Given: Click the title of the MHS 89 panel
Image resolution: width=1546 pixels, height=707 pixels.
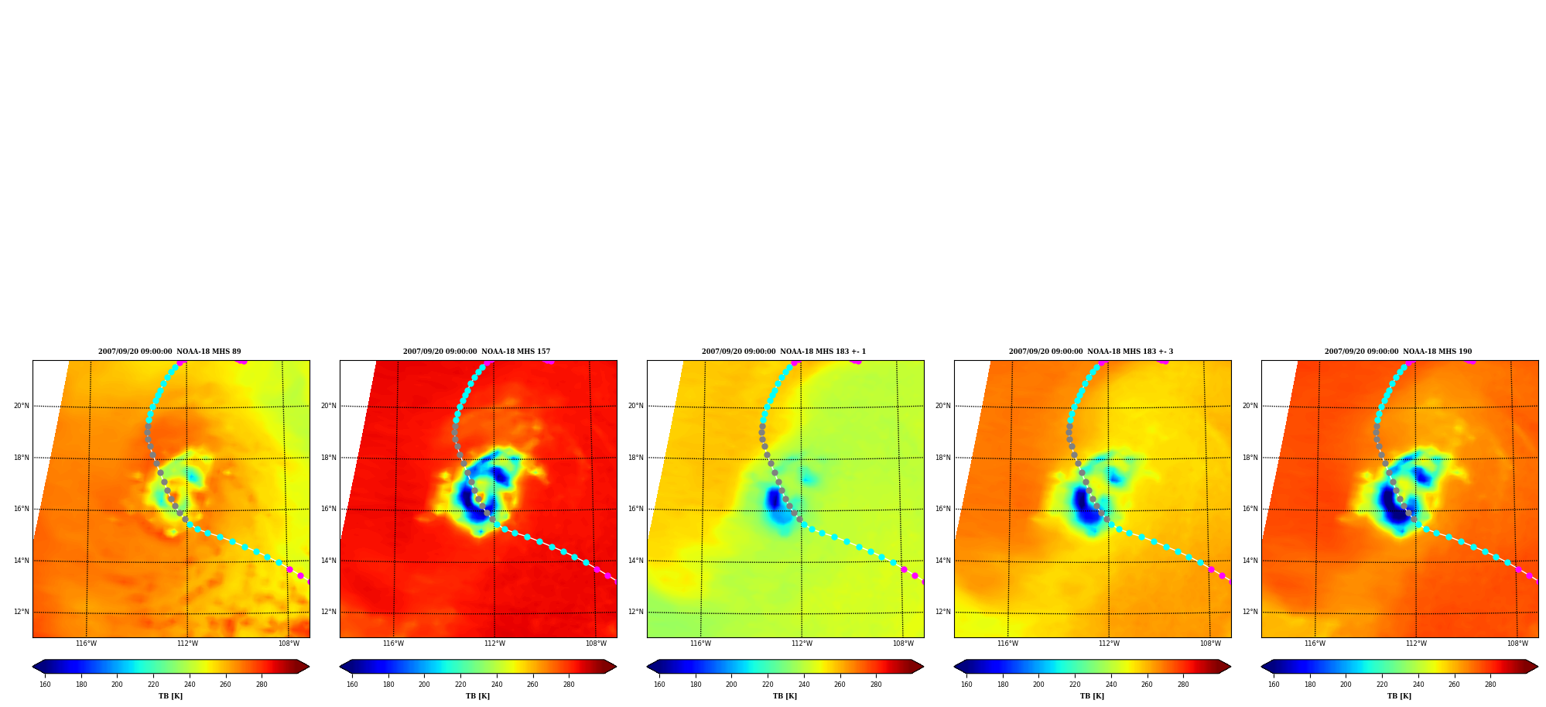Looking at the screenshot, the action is tap(169, 352).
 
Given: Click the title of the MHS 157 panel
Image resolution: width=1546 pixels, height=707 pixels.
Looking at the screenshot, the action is tap(477, 352).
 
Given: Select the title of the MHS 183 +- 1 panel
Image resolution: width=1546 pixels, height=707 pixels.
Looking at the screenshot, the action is tap(784, 352).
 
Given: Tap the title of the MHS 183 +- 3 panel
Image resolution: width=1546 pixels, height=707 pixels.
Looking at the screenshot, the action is tap(1091, 352).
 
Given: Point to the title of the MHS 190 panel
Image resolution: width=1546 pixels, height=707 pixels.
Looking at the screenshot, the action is tap(1398, 352).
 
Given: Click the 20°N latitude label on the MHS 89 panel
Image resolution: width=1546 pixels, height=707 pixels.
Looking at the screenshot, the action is tap(22, 406).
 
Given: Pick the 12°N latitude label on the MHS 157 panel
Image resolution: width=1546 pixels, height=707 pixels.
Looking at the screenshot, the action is tap(329, 612).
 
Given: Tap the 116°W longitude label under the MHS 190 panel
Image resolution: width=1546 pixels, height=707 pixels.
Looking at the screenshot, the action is tap(1315, 644).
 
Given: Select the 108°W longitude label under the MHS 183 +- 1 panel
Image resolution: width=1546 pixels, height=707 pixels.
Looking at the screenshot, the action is tap(903, 644).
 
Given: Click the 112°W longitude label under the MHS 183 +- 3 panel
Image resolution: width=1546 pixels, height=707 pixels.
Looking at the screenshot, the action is tap(1109, 644).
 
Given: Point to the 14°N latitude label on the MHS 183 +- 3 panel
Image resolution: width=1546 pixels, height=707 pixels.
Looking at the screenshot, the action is tap(943, 561).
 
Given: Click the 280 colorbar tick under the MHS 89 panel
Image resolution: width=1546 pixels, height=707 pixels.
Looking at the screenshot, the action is tap(262, 685).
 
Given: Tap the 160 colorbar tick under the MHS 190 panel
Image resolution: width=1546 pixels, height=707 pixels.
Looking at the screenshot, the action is tap(1274, 685).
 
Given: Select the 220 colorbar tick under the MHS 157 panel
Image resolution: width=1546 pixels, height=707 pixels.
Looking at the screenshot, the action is tap(460, 685).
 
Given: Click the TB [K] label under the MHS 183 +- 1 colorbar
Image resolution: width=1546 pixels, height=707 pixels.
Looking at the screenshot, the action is tap(785, 696).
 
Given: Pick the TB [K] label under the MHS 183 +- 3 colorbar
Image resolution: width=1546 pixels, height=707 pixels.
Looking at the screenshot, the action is tap(1092, 696).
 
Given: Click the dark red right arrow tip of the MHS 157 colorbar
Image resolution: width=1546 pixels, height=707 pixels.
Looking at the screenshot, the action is tap(616, 667).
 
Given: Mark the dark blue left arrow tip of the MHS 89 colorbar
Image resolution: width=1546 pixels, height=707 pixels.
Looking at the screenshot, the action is tap(33, 667).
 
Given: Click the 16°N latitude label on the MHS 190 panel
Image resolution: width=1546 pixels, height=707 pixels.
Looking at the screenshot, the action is tap(1250, 509).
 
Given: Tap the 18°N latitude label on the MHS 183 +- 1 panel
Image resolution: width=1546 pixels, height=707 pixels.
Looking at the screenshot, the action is tap(636, 458).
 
